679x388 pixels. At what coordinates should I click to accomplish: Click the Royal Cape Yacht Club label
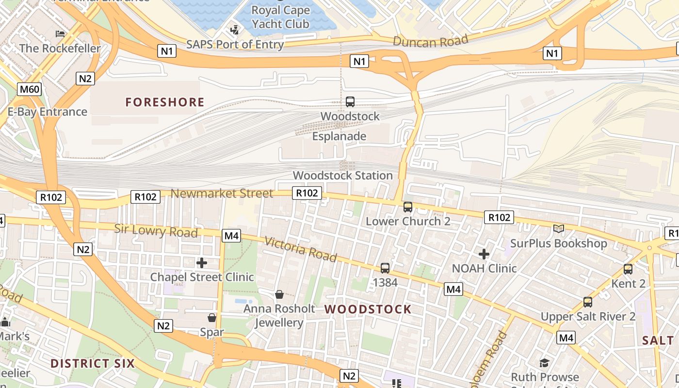tap(280, 17)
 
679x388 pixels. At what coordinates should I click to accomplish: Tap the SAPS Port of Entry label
tap(235, 45)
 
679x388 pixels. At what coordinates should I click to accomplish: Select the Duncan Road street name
tap(430, 41)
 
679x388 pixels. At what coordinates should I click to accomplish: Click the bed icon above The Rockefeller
tap(60, 34)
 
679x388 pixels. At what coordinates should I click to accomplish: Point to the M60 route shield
tap(30, 89)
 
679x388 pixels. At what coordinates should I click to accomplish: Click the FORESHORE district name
tap(165, 102)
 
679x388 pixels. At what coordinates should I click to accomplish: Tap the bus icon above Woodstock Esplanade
tap(350, 102)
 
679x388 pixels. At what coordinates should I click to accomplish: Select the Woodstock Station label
tap(342, 176)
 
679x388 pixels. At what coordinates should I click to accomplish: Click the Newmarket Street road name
tap(222, 194)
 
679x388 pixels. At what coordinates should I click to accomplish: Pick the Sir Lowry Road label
tap(156, 230)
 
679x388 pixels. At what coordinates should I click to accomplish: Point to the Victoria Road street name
tap(300, 249)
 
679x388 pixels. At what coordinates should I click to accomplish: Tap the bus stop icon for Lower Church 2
tap(408, 207)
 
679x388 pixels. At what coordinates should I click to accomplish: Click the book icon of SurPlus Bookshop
tap(559, 228)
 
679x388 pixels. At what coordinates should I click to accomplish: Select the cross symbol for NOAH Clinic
tap(484, 254)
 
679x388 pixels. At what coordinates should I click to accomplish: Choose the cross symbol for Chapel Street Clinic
tap(202, 263)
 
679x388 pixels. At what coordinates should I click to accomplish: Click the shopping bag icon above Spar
tap(212, 318)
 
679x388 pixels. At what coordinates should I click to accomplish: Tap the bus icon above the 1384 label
tap(385, 268)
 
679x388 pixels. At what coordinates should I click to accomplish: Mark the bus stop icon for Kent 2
tap(628, 269)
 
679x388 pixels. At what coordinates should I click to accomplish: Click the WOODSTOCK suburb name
tap(368, 309)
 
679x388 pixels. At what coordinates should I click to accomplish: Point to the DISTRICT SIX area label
tap(92, 363)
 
